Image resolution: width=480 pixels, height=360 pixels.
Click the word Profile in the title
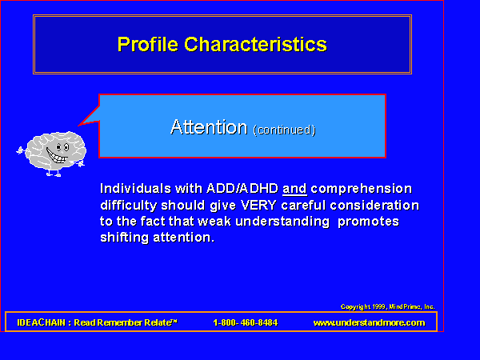click(x=148, y=44)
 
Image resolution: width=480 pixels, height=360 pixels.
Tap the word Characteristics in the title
click(x=256, y=44)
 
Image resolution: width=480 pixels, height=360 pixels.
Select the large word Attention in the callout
click(x=209, y=127)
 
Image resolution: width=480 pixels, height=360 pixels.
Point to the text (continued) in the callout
click(x=284, y=130)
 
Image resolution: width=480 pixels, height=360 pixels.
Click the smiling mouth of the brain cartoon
click(x=57, y=156)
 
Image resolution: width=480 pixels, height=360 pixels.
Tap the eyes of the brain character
click(x=62, y=147)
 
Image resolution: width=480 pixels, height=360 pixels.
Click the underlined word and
click(x=294, y=189)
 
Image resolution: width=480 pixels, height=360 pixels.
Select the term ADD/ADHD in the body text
click(x=242, y=189)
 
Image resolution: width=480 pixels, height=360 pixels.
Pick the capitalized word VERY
click(x=258, y=205)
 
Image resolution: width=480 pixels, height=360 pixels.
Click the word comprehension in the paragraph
click(x=362, y=189)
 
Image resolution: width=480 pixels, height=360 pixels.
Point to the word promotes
click(x=368, y=222)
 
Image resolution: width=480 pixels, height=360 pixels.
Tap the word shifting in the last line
click(x=124, y=238)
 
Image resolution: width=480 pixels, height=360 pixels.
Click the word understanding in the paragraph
click(x=282, y=222)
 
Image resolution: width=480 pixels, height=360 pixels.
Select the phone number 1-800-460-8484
click(x=246, y=322)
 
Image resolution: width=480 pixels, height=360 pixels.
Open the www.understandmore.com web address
click(x=369, y=322)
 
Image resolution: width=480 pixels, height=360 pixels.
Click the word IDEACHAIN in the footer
click(x=42, y=322)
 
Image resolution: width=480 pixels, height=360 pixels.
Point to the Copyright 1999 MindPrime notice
click(x=387, y=306)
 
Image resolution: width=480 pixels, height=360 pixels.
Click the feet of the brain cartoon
click(x=54, y=174)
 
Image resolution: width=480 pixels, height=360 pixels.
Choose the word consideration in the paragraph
click(x=374, y=206)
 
